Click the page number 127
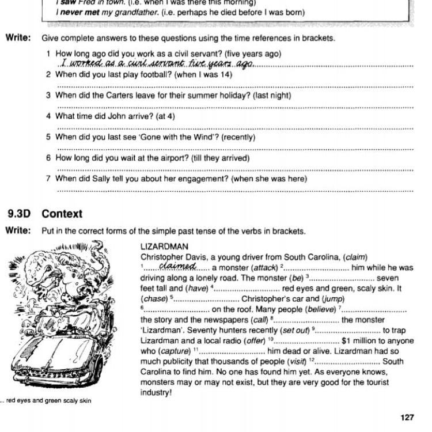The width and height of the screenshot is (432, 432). [x=407, y=418]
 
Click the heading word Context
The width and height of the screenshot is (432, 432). [x=62, y=214]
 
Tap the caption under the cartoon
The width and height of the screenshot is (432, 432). [x=47, y=401]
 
